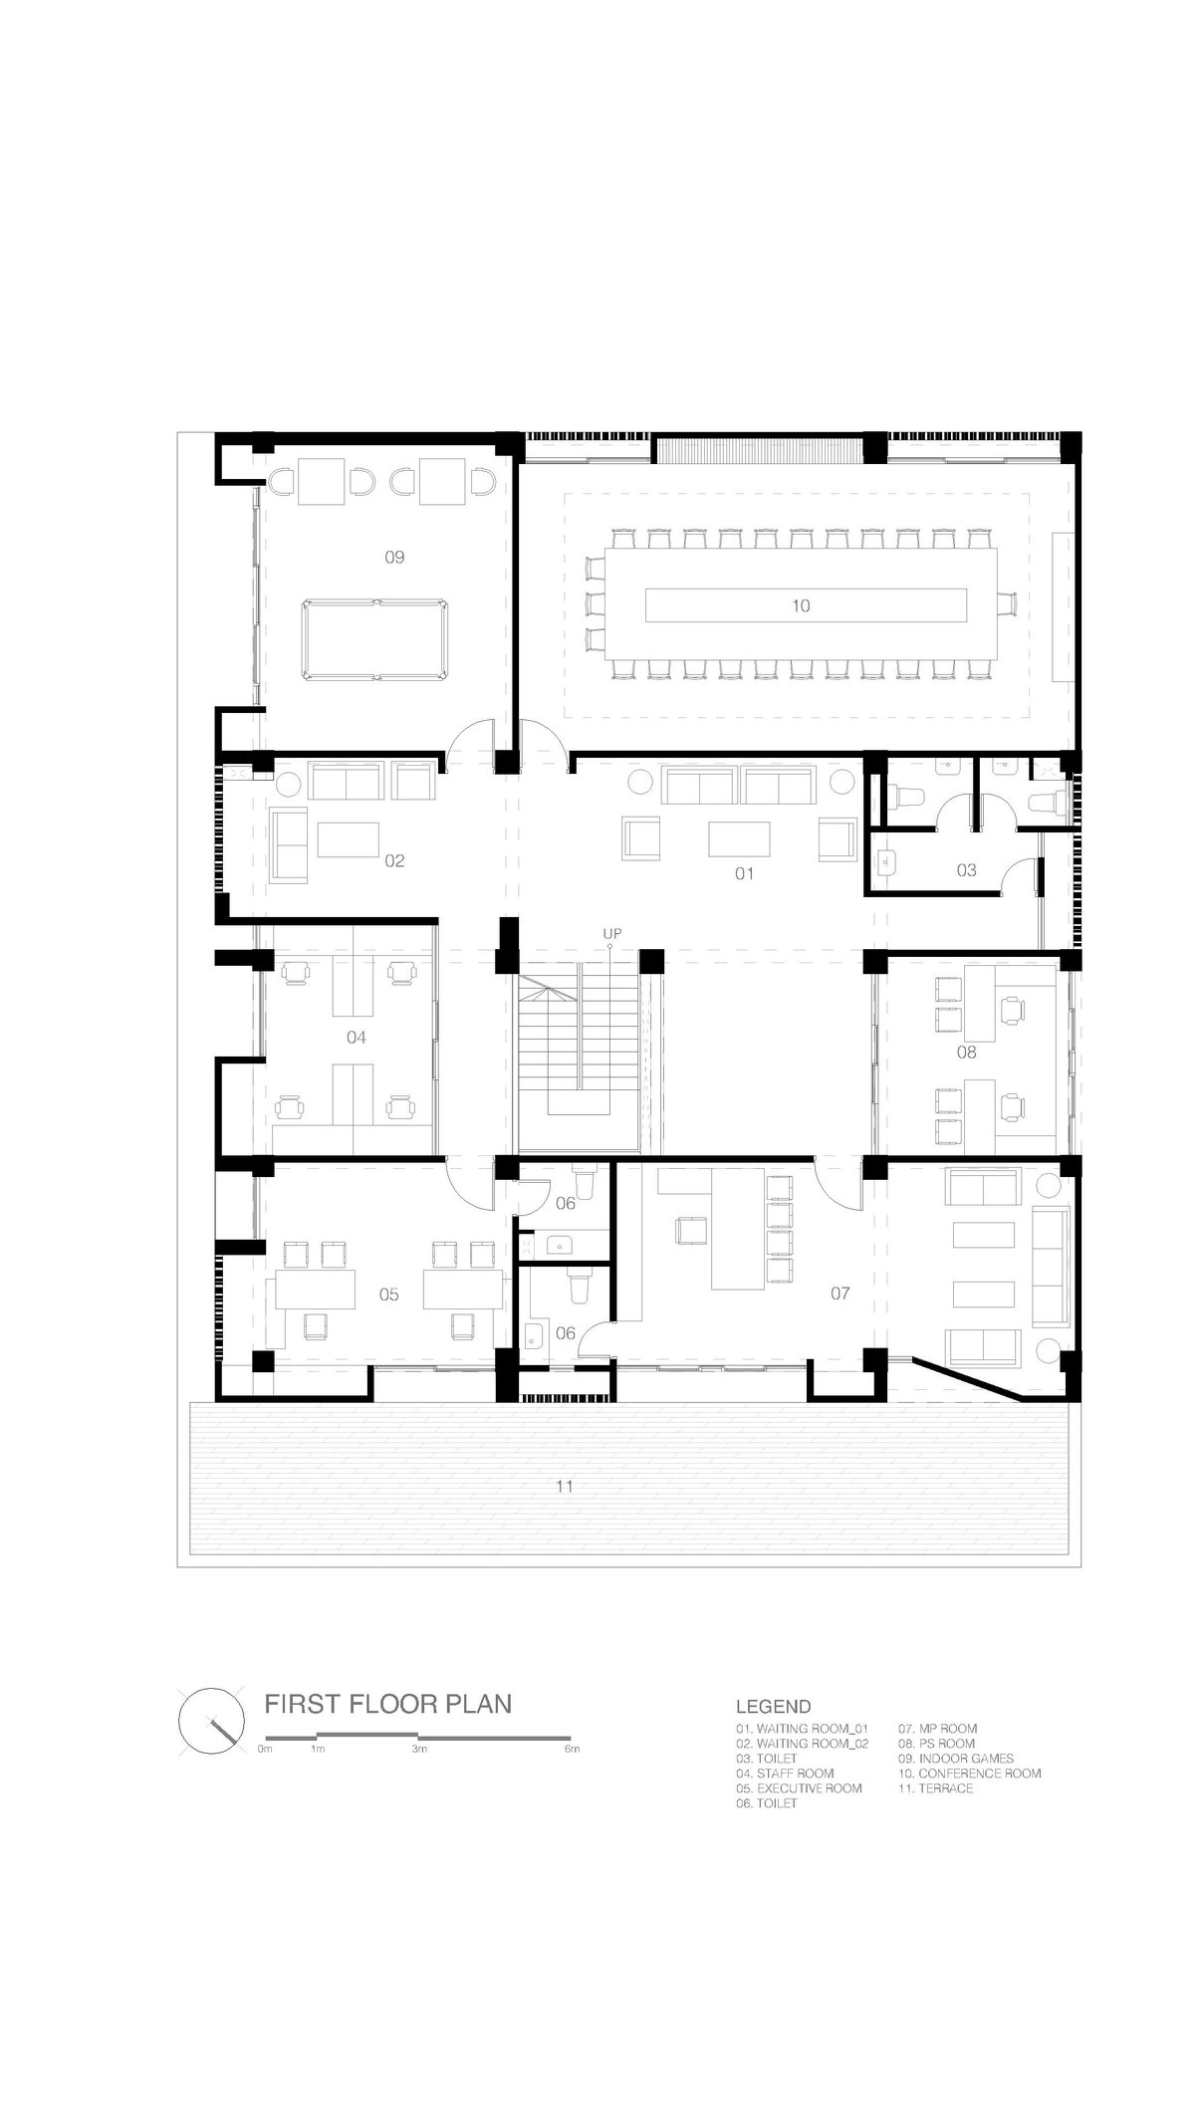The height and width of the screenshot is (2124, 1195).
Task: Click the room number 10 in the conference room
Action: [x=801, y=605]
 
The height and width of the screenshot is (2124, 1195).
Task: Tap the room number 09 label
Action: [x=394, y=557]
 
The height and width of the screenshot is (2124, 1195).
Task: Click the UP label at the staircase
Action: [x=612, y=933]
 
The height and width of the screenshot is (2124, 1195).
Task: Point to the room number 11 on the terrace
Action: [x=565, y=1487]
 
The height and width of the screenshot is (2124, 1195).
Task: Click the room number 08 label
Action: [x=966, y=1052]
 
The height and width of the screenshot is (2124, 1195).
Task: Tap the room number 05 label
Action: [x=388, y=1295]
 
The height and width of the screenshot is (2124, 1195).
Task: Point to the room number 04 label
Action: [x=356, y=1038]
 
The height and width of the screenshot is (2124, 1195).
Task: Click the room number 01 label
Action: [x=744, y=873]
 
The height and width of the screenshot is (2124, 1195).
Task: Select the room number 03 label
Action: [x=966, y=870]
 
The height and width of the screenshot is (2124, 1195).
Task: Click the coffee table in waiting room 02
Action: [x=349, y=838]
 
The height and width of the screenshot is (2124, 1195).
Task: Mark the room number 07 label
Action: [x=840, y=1294]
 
